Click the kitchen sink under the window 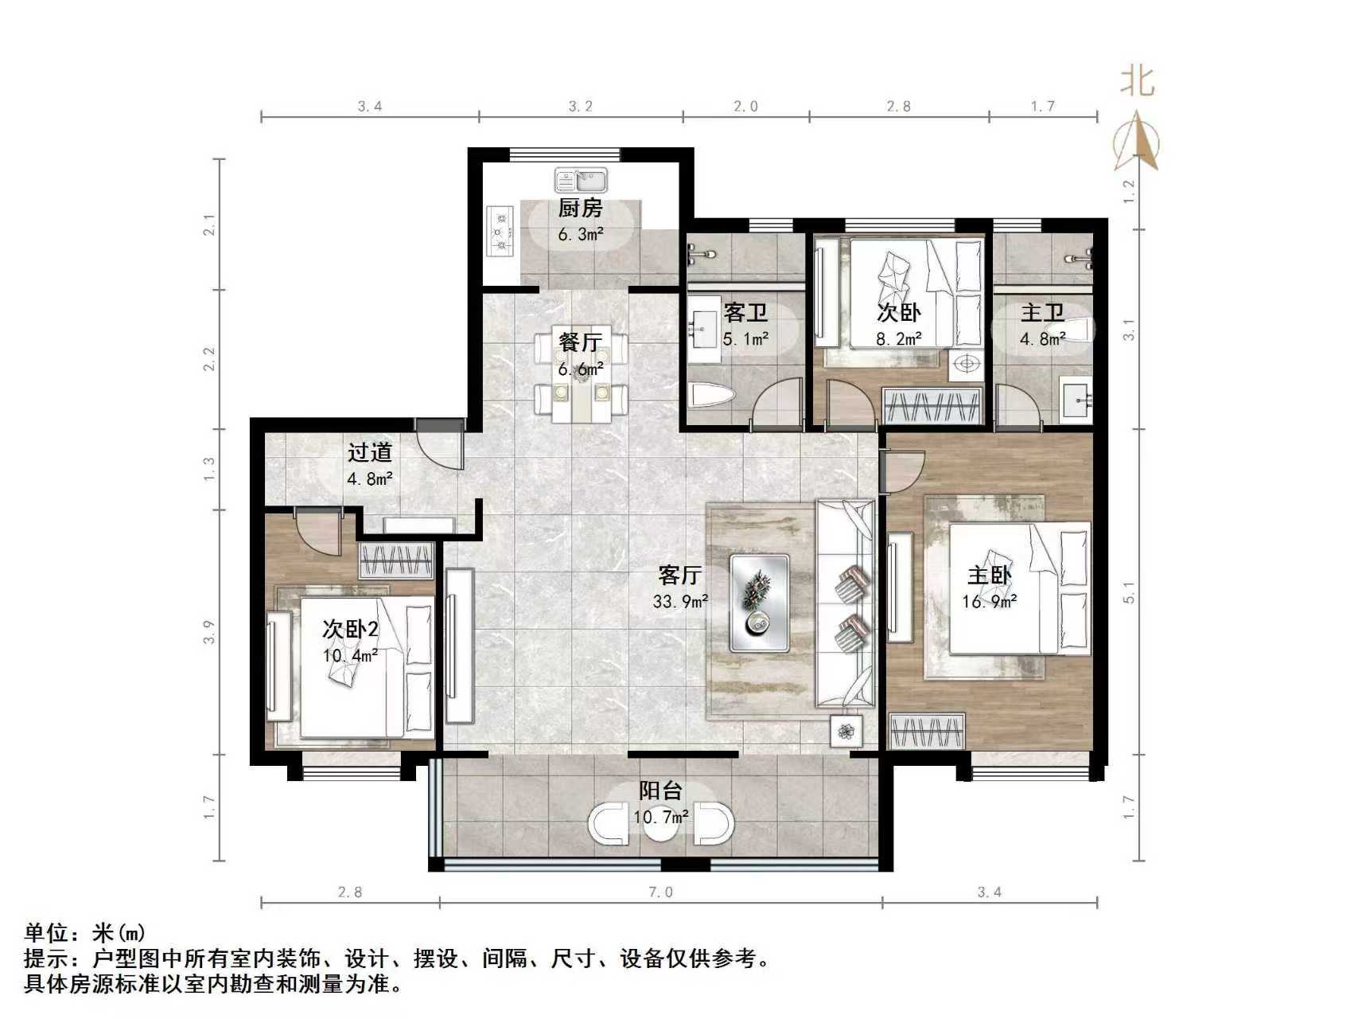(x=581, y=181)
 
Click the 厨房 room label (x=580, y=209)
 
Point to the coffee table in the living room (x=760, y=603)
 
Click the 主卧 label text (x=989, y=575)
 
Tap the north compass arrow (x=1137, y=142)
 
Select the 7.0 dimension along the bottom (x=660, y=892)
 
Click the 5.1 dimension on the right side (x=1130, y=593)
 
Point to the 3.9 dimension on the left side (x=209, y=632)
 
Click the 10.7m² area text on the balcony (x=660, y=818)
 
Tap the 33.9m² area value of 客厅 (x=680, y=603)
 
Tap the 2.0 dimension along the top (x=745, y=107)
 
